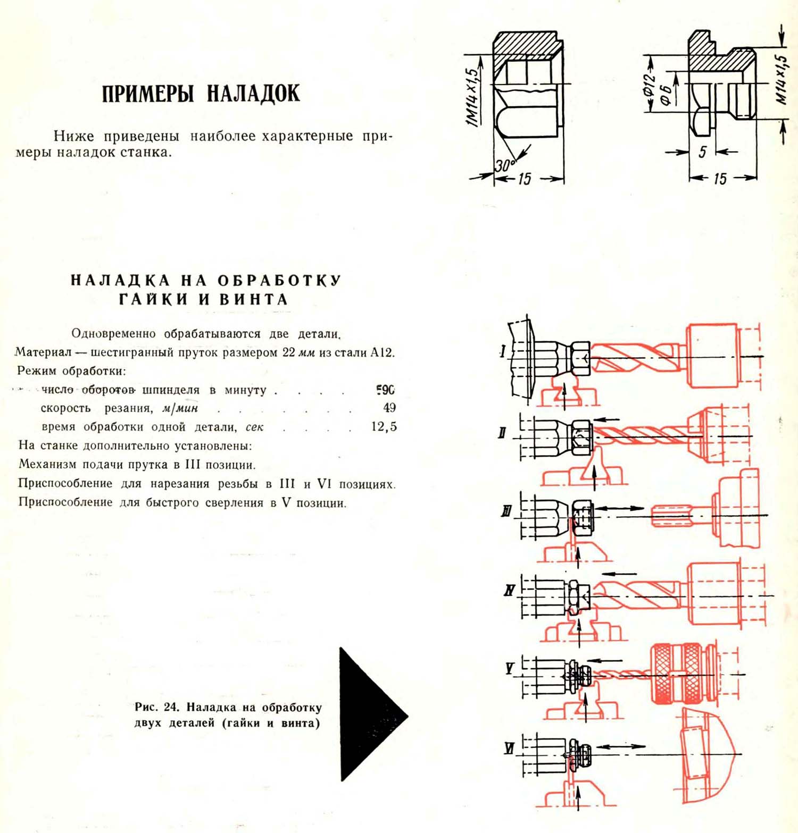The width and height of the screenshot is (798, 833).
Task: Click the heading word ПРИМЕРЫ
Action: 147,94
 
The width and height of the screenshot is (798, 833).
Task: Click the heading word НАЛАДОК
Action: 253,94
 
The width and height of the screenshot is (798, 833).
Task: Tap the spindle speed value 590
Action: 386,390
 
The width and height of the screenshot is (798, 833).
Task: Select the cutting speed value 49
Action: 389,408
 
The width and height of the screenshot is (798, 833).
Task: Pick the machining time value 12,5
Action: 384,426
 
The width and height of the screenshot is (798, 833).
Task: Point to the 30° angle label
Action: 504,166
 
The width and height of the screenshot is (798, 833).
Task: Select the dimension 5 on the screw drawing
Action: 702,152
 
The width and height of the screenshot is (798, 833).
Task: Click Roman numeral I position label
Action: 503,351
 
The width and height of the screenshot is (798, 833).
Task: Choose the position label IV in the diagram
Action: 509,590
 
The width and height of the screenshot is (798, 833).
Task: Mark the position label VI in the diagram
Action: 509,748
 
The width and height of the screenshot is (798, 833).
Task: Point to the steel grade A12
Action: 383,352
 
